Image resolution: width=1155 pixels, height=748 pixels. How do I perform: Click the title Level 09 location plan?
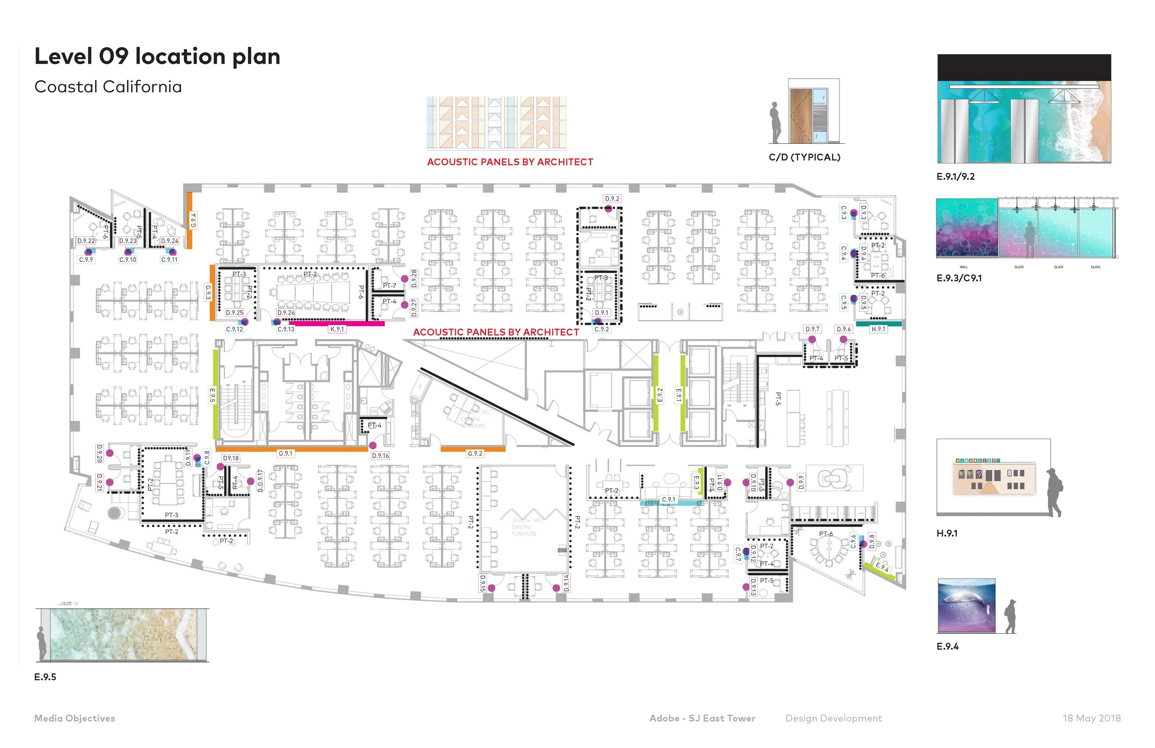[x=157, y=56]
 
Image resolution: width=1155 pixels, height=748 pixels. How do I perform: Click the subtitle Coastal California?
[x=108, y=87]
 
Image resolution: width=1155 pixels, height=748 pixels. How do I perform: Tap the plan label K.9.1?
[x=337, y=329]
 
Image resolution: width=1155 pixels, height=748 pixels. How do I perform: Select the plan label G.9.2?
[x=474, y=454]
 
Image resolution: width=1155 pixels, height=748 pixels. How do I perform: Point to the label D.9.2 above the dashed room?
[x=612, y=199]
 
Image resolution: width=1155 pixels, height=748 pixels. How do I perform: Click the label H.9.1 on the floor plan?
[x=878, y=329]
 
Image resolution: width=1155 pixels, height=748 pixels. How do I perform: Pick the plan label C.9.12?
[x=234, y=329]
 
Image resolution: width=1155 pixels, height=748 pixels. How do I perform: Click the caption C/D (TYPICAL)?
[x=804, y=157]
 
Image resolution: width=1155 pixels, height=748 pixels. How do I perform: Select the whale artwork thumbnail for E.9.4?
[x=966, y=606]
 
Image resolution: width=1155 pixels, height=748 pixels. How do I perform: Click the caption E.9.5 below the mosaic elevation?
[x=45, y=677]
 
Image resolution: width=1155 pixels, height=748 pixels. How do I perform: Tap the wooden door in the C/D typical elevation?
[x=800, y=116]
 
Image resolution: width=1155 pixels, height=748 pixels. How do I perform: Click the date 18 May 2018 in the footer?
[x=1091, y=718]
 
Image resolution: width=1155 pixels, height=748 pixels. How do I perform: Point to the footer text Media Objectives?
[x=74, y=718]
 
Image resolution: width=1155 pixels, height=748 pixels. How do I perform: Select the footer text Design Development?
[x=833, y=718]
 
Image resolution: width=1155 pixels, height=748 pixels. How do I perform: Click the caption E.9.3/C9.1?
[x=959, y=278]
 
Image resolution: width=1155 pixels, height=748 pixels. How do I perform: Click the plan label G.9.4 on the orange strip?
[x=193, y=220]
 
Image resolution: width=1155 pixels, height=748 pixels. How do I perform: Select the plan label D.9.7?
[x=812, y=329]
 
